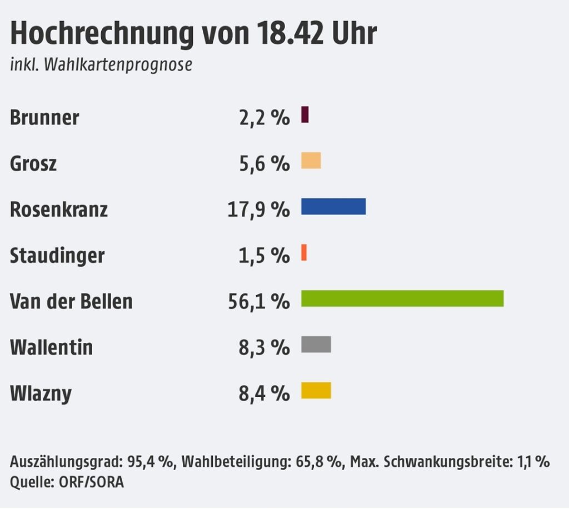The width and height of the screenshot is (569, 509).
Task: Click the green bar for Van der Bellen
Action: click(x=402, y=298)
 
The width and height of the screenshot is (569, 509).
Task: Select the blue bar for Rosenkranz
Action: click(x=333, y=206)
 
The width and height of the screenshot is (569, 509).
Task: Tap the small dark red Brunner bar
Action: click(x=305, y=114)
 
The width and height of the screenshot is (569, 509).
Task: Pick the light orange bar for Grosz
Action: click(x=311, y=161)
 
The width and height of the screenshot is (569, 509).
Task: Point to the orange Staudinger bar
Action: click(x=304, y=252)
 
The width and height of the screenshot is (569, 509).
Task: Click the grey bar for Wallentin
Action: click(x=316, y=345)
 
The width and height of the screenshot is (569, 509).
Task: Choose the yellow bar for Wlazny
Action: click(x=316, y=391)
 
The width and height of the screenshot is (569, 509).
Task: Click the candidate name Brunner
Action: click(x=44, y=118)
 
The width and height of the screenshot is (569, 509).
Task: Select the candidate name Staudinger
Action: click(x=57, y=256)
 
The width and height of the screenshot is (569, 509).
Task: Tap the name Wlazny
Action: click(x=41, y=394)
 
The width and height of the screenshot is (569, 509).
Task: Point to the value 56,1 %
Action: click(x=259, y=302)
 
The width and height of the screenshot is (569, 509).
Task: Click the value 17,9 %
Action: click(x=258, y=210)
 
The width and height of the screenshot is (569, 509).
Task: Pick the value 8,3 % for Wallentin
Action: click(x=264, y=348)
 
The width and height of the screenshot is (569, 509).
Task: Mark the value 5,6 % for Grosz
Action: click(x=264, y=164)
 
